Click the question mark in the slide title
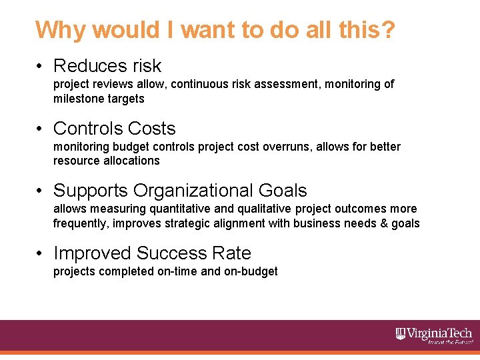[386, 30]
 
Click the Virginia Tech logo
[434, 335]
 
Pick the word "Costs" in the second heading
[153, 129]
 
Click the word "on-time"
[179, 271]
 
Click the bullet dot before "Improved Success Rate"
[41, 253]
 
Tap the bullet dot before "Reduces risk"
[41, 66]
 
